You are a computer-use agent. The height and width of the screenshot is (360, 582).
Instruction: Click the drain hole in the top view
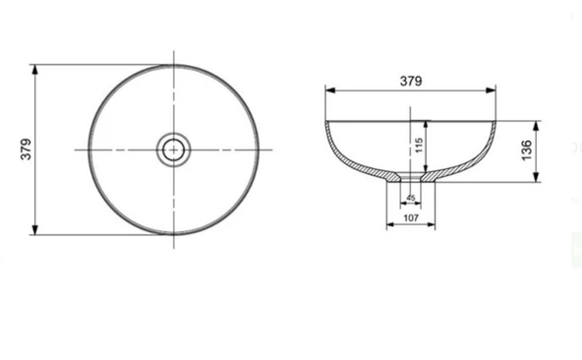[x=174, y=150]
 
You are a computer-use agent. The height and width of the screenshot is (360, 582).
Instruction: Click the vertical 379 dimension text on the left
[x=27, y=149]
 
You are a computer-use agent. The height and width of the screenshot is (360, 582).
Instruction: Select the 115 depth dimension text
[x=418, y=147]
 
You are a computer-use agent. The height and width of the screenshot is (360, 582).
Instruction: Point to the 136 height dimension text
[x=526, y=150]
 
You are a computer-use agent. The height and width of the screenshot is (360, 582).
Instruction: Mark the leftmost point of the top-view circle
[x=88, y=150]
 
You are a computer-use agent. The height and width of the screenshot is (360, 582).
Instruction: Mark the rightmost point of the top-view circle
[x=260, y=150]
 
